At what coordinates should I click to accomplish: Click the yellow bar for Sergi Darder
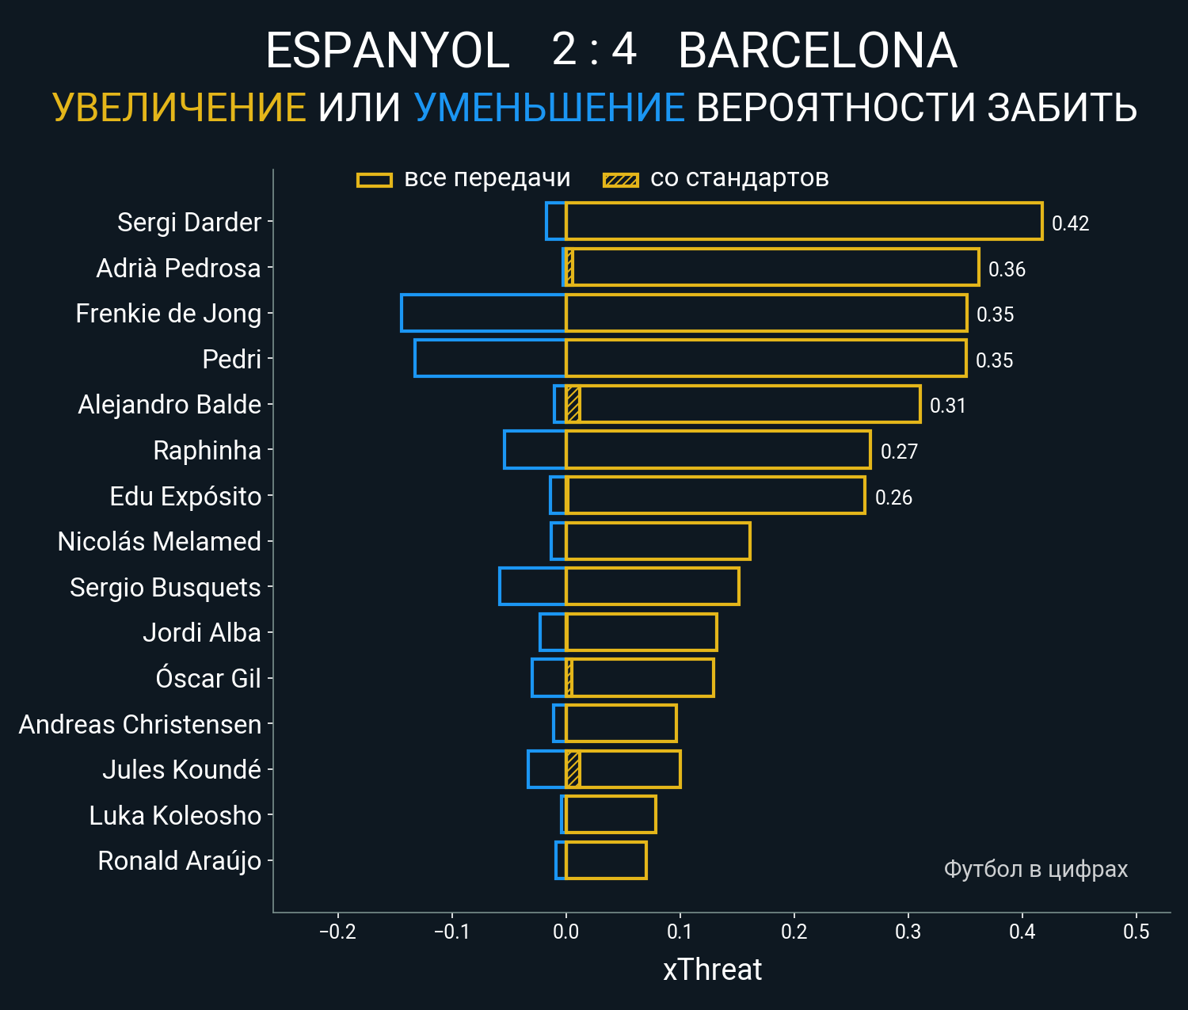pyautogui.click(x=804, y=222)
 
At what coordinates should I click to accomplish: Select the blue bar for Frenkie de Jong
pyautogui.click(x=483, y=313)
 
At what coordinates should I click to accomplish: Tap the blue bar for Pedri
pyautogui.click(x=490, y=358)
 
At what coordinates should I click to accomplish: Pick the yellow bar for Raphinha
pyautogui.click(x=718, y=450)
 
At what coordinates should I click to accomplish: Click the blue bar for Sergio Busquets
pyautogui.click(x=532, y=587)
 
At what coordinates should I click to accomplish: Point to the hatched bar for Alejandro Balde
pyautogui.click(x=573, y=404)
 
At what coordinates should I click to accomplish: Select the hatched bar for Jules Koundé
pyautogui.click(x=573, y=769)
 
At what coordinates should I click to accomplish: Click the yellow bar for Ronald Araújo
pyautogui.click(x=606, y=860)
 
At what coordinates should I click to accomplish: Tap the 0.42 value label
pyautogui.click(x=1070, y=223)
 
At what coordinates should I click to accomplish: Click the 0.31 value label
pyautogui.click(x=947, y=406)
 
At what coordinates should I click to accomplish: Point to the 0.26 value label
pyautogui.click(x=893, y=497)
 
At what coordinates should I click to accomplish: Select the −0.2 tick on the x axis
pyautogui.click(x=337, y=932)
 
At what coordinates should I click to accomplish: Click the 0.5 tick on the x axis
pyautogui.click(x=1136, y=932)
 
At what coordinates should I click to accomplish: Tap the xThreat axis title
pyautogui.click(x=712, y=970)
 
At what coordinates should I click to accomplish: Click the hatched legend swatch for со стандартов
pyautogui.click(x=620, y=180)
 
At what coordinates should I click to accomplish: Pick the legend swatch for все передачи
pyautogui.click(x=375, y=180)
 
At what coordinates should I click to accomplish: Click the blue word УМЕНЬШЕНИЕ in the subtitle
pyautogui.click(x=549, y=108)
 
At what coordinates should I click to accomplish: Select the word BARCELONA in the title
pyautogui.click(x=817, y=51)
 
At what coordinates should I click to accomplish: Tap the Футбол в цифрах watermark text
pyautogui.click(x=1035, y=869)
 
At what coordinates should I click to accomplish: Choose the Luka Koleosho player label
pyautogui.click(x=175, y=815)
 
